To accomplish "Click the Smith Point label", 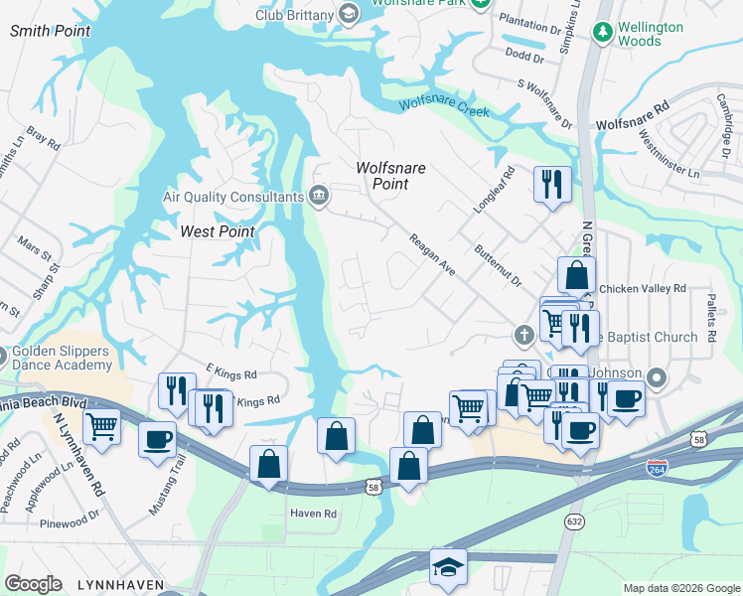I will click(x=50, y=31).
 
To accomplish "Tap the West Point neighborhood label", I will click(x=218, y=231).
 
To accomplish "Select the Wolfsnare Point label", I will click(x=390, y=176).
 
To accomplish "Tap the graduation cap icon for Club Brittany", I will click(x=348, y=13).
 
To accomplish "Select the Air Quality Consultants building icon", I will click(x=320, y=195).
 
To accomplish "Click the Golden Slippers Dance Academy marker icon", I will click(x=2, y=355).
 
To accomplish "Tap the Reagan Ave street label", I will click(x=432, y=254).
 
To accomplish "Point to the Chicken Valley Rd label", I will click(x=642, y=288).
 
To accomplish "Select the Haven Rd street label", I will click(x=314, y=514).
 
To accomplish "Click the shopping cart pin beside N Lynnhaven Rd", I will click(x=102, y=427).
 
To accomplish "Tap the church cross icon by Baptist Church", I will click(x=523, y=336).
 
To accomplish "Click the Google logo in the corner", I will click(x=33, y=584).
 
